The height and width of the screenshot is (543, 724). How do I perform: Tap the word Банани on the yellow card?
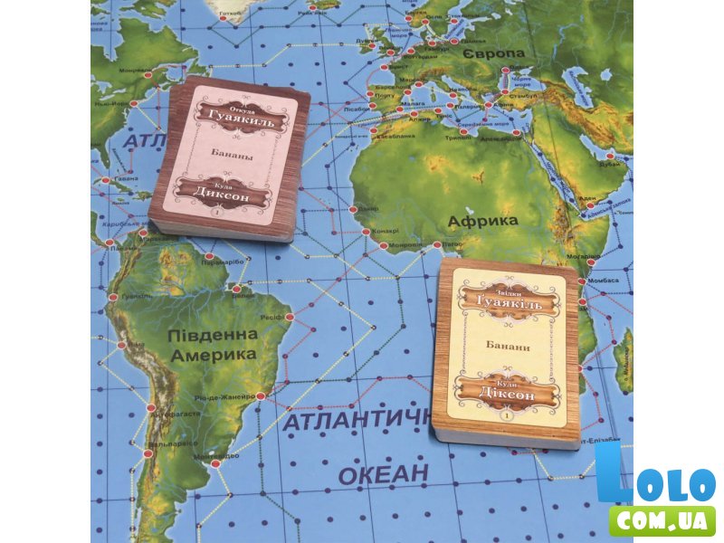[x=508, y=348]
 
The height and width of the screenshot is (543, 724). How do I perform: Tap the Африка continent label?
[x=482, y=220]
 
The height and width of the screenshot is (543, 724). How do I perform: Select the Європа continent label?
[x=493, y=54]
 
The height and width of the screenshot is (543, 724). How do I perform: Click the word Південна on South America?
[x=213, y=336]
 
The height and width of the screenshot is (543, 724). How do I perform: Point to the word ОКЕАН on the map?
[x=383, y=472]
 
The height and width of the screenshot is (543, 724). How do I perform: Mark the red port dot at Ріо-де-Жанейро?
[x=261, y=395]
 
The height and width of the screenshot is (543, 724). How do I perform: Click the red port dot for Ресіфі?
[x=290, y=317]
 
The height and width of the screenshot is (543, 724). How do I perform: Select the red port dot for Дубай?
[x=626, y=155]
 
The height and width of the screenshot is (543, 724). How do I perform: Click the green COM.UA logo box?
[x=662, y=519]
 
